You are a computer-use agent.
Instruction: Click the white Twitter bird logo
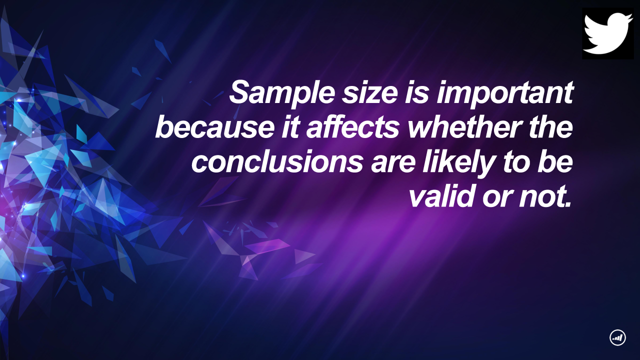pyautogui.click(x=607, y=33)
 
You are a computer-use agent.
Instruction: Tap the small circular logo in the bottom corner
pyautogui.click(x=617, y=337)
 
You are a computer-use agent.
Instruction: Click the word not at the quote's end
pyautogui.click(x=544, y=197)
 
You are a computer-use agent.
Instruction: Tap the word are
pyautogui.click(x=393, y=165)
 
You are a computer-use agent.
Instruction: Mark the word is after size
pyautogui.click(x=417, y=92)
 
